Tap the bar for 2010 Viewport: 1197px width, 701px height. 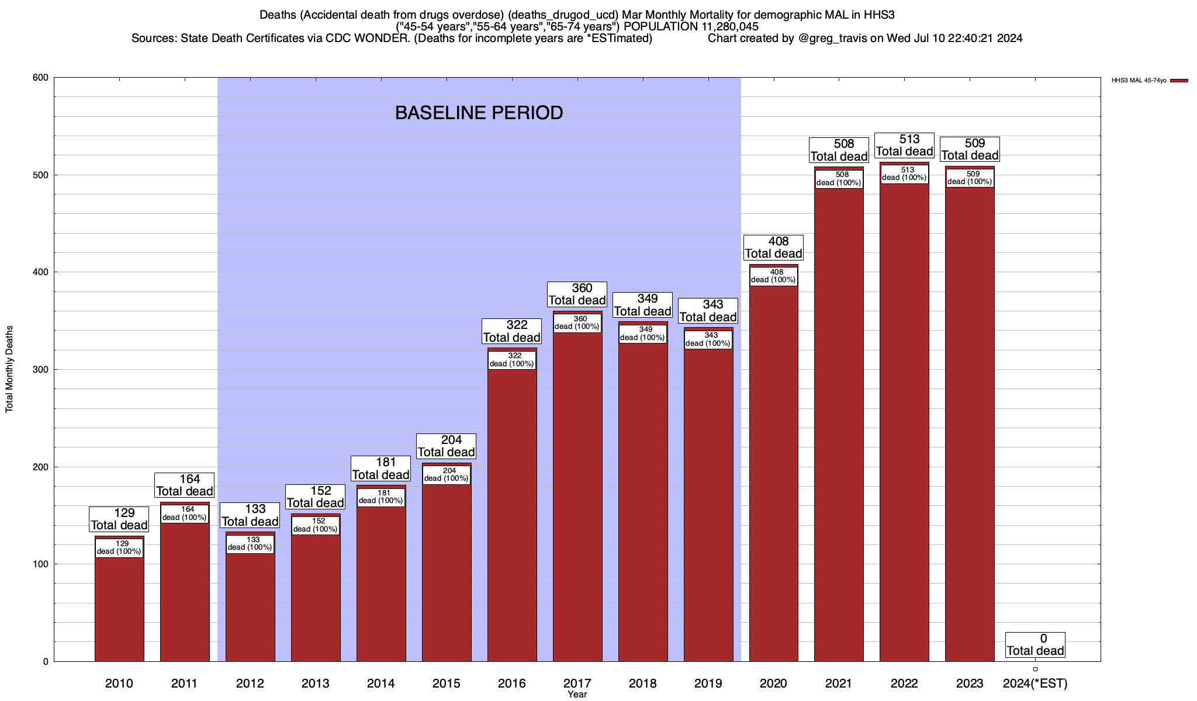coord(119,608)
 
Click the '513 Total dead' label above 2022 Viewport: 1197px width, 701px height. coord(904,145)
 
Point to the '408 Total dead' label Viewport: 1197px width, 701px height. coord(773,248)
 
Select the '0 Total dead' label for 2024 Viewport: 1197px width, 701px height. coord(1035,645)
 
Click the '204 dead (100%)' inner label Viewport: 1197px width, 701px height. coord(446,474)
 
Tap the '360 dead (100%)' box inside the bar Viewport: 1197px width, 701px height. coord(577,323)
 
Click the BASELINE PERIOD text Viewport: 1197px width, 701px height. coord(479,113)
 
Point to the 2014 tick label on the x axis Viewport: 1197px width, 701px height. coord(380,683)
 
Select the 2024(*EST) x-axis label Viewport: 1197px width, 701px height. coord(1035,683)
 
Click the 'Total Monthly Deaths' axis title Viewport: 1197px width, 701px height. coord(9,369)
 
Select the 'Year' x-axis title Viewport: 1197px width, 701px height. coord(577,694)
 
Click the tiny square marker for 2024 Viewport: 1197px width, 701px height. coord(1035,669)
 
